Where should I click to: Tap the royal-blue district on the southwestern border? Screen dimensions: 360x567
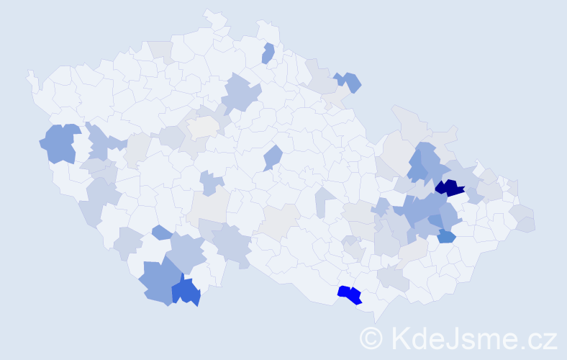[x=186, y=291]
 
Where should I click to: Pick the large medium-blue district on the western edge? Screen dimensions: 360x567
[x=60, y=143]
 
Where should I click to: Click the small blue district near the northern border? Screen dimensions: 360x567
[x=268, y=53]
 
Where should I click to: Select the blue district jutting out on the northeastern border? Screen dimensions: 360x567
[x=349, y=81]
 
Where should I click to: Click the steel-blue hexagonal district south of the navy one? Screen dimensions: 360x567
[x=446, y=236]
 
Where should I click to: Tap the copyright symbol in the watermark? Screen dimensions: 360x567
[x=372, y=338]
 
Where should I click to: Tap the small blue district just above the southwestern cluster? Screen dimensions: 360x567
[x=162, y=232]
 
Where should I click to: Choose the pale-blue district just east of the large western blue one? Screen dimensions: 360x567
[x=98, y=142]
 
